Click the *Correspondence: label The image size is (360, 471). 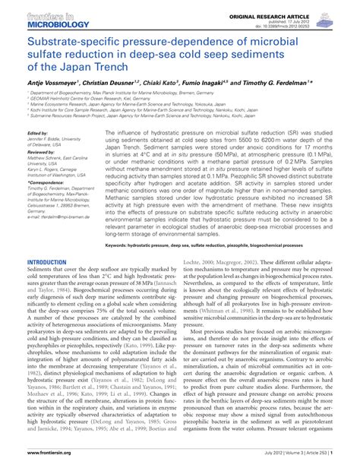point(46,183)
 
